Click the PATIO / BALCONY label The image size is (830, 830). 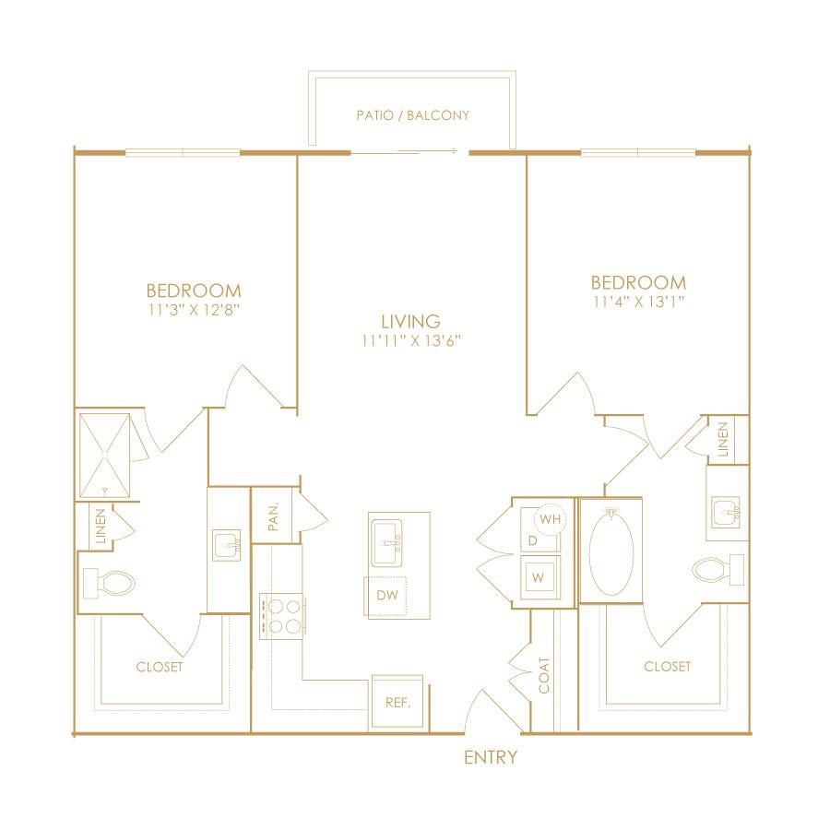[x=413, y=115]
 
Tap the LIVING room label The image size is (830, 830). [x=410, y=321]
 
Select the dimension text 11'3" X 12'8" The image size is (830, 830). [x=195, y=310]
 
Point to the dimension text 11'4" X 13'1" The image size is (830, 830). [x=639, y=302]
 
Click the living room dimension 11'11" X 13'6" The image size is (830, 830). [x=411, y=340]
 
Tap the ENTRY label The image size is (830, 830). [x=491, y=757]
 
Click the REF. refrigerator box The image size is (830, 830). [x=397, y=702]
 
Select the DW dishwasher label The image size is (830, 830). [x=387, y=595]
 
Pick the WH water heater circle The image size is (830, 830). [x=551, y=519]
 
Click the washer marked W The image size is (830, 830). [x=539, y=576]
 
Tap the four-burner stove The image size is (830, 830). [x=281, y=616]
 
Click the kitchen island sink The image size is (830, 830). [x=386, y=542]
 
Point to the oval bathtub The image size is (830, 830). [x=611, y=551]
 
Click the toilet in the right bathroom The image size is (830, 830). [x=718, y=570]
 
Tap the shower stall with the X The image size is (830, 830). [x=104, y=456]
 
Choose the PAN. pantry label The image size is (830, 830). [x=273, y=516]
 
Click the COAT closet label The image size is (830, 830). [x=544, y=675]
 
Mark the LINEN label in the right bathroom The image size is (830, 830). [x=723, y=439]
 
